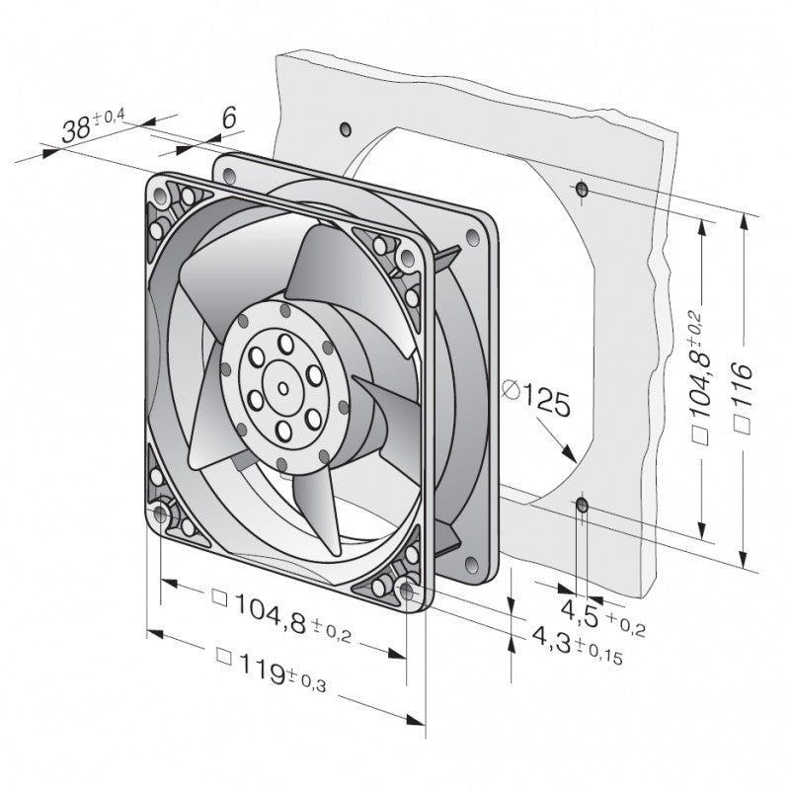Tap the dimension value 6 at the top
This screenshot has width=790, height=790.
pos(228,118)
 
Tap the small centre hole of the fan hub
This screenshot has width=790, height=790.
pos(283,388)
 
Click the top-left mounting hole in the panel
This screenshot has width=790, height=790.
pos(344,129)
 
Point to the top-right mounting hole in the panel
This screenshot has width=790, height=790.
pos(582,188)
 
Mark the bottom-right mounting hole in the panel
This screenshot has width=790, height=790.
pos(582,507)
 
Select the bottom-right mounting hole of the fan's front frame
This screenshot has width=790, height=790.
pos(407,591)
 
